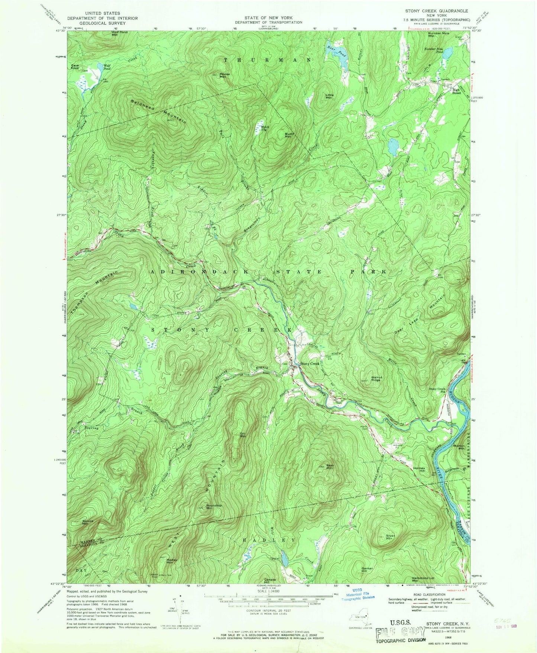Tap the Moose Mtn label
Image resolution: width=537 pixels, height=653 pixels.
click(224, 75)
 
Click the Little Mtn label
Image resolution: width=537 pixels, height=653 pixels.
click(329, 96)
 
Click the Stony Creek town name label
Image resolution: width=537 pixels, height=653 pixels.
click(310, 364)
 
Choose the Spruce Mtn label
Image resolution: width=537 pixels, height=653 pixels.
click(88, 522)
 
